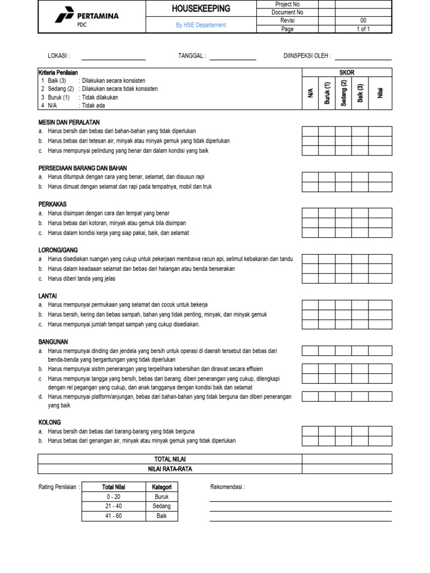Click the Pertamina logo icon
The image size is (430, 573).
pos(65,16)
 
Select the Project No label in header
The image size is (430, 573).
pos(288,4)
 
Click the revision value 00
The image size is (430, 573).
pos(363,21)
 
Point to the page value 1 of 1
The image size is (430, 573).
pos(363,29)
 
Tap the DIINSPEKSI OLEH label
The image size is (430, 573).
pos(307,56)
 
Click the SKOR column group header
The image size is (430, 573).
pos(347,73)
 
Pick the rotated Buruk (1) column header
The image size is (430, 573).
pos(328,93)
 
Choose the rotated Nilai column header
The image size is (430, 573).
pos(380,93)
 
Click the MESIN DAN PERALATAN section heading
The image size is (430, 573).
pos(69,122)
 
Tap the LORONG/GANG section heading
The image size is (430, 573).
pos(58,250)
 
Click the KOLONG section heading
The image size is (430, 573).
pos(50,422)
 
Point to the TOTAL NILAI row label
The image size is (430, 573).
pos(170,459)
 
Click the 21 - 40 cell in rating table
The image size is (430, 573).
pos(114,506)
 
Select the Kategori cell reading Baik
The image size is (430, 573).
pos(161,516)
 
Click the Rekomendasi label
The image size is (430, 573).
pos(227,487)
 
